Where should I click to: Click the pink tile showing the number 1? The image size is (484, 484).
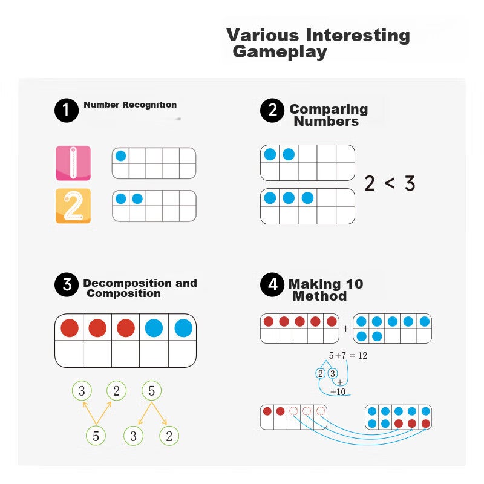click(x=73, y=163)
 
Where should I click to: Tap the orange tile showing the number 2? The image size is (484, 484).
click(x=73, y=206)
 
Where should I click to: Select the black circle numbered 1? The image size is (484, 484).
click(x=67, y=110)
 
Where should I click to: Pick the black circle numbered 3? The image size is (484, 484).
click(x=67, y=284)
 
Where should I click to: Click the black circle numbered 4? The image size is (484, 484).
click(x=272, y=284)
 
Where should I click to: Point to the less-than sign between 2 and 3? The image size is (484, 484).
click(x=390, y=183)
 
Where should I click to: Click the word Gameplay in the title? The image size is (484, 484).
click(x=280, y=52)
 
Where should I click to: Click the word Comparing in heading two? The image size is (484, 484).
click(x=329, y=110)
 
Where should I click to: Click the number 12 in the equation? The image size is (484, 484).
click(x=362, y=356)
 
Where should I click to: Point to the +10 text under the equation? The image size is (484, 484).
click(x=338, y=392)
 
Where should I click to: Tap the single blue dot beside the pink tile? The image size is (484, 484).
click(x=120, y=155)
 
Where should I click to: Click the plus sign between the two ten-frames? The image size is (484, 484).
click(x=345, y=329)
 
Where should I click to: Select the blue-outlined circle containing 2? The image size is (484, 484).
click(x=321, y=373)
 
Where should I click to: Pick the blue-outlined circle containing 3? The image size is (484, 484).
click(x=332, y=373)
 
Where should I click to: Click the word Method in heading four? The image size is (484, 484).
click(x=319, y=296)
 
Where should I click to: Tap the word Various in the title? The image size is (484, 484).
click(x=263, y=35)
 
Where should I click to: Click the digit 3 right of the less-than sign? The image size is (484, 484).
click(x=410, y=183)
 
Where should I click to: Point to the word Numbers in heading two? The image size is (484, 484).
click(x=326, y=122)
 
